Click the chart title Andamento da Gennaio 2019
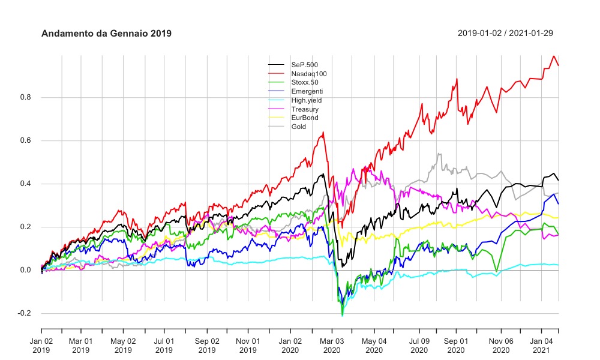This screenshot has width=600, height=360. pyautogui.click(x=106, y=34)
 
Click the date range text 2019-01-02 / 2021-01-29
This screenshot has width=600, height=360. pyautogui.click(x=505, y=33)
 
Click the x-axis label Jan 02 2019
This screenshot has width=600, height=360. pyautogui.click(x=41, y=344)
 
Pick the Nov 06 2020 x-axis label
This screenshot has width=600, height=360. pyautogui.click(x=500, y=344)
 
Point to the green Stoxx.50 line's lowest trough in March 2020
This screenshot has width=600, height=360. pyautogui.click(x=342, y=315)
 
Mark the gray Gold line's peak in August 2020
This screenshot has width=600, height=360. pyautogui.click(x=439, y=154)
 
